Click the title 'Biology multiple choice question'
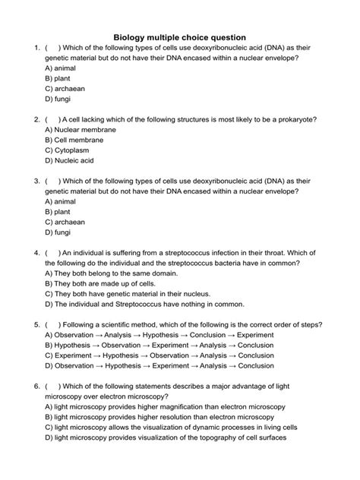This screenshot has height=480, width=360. [180, 36]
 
